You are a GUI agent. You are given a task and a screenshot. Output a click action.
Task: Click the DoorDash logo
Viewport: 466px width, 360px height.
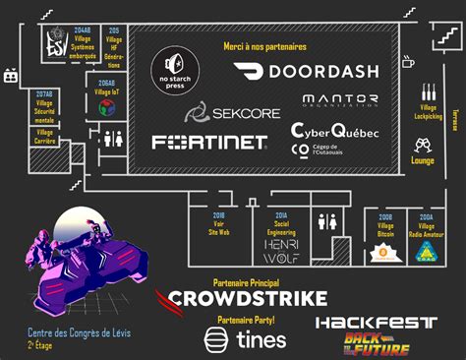[306, 71]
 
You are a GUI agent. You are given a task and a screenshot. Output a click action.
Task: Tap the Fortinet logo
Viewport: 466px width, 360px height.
[209, 142]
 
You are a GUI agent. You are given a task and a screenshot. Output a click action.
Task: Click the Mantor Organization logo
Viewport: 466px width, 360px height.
[340, 100]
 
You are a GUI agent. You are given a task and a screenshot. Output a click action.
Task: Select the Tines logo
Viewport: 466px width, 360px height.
[245, 339]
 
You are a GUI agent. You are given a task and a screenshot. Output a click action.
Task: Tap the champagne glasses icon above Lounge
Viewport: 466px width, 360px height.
[423, 145]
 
